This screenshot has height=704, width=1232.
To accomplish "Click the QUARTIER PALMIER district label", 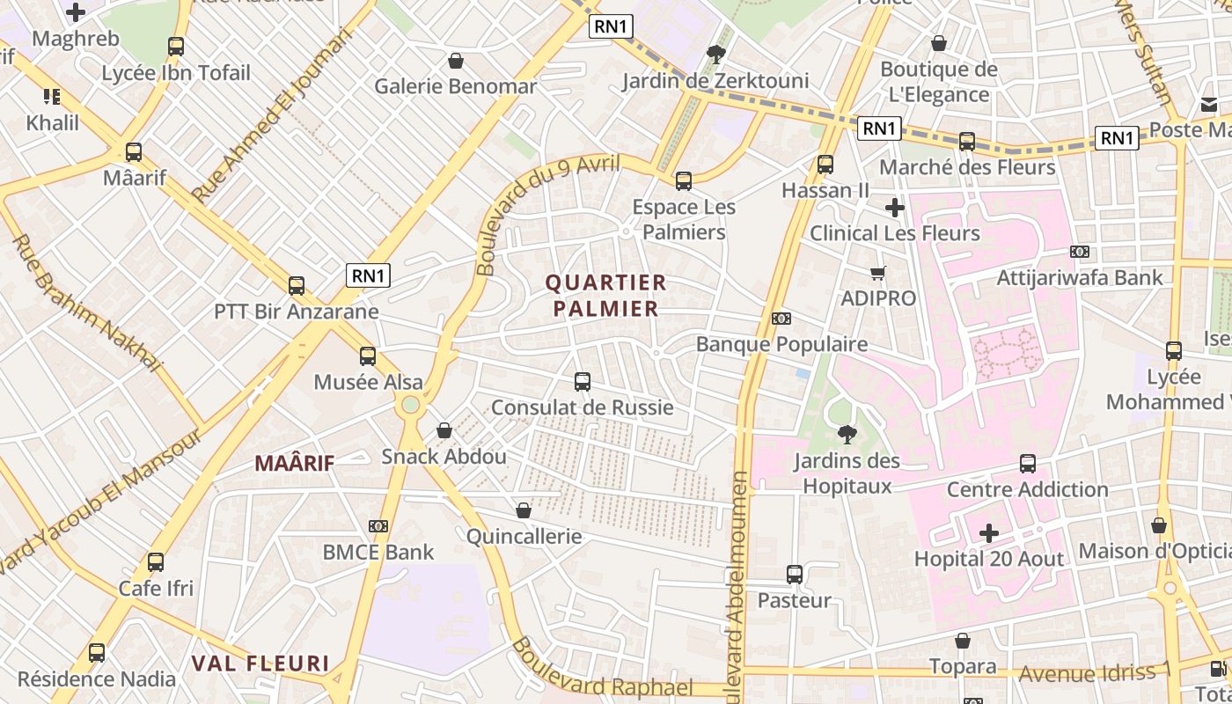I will pos(605,296).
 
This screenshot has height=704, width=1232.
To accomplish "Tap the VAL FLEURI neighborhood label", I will pos(260,664).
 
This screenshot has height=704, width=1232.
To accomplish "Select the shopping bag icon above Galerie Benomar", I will pos(456,61).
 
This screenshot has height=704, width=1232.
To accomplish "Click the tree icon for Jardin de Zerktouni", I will pos(716,55).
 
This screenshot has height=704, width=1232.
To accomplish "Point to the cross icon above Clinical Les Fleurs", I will pos(895,208).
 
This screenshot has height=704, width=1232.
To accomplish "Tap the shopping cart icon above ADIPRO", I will pos(877,273).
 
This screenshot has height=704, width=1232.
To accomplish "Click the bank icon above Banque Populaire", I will pos(781,319).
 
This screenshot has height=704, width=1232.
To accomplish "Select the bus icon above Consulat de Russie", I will pos(583,382).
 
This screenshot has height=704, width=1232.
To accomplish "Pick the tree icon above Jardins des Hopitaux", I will pos(847,434).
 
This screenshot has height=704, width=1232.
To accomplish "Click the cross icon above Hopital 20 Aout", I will pos(989,533).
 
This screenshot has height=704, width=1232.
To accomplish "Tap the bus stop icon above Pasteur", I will pos(795,575).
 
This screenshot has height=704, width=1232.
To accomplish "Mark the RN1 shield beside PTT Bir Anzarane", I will pos(369,275).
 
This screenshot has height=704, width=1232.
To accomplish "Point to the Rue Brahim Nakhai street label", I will pos(87,302).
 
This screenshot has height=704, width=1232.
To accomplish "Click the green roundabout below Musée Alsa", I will pos(410,405).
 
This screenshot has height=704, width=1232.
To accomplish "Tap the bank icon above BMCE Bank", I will pos(378,526).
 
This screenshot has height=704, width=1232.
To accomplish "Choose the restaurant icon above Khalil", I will pos(52,97).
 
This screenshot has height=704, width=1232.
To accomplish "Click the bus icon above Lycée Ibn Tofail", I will pos(176,47).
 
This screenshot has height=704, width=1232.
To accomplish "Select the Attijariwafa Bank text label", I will pos(1080,278).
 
